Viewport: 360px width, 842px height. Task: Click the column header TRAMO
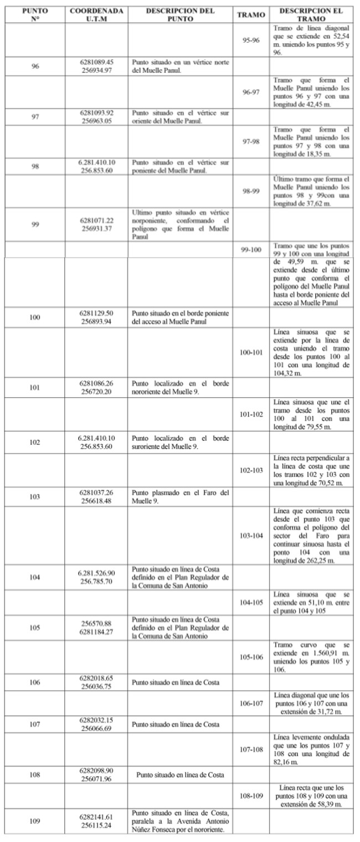pos(251,14)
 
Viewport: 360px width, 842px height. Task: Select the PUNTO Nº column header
pos(35,14)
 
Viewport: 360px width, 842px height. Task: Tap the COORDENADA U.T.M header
pos(96,14)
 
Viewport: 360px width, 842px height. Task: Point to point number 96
pos(35,66)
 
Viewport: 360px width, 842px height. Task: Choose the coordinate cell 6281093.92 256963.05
pos(96,117)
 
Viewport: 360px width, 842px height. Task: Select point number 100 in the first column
pos(35,317)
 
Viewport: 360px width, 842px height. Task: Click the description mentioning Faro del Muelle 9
pos(180,497)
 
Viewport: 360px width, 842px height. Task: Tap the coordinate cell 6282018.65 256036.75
pos(96,682)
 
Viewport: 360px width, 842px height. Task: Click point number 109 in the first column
pos(35,821)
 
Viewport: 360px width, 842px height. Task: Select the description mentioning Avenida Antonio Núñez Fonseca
pos(180,821)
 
